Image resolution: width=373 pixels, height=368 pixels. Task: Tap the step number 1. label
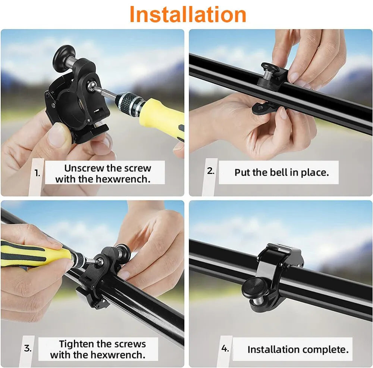pyautogui.click(x=37, y=173)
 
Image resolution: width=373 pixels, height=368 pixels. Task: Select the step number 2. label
pyautogui.click(x=211, y=171)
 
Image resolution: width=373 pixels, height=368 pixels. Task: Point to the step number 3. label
pyautogui.click(x=28, y=348)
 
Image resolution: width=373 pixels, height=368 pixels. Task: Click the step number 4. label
pyautogui.click(x=225, y=348)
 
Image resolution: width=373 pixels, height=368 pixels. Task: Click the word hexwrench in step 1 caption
pyautogui.click(x=123, y=179)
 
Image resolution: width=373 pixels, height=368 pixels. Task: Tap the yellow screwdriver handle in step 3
pyautogui.click(x=34, y=253)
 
